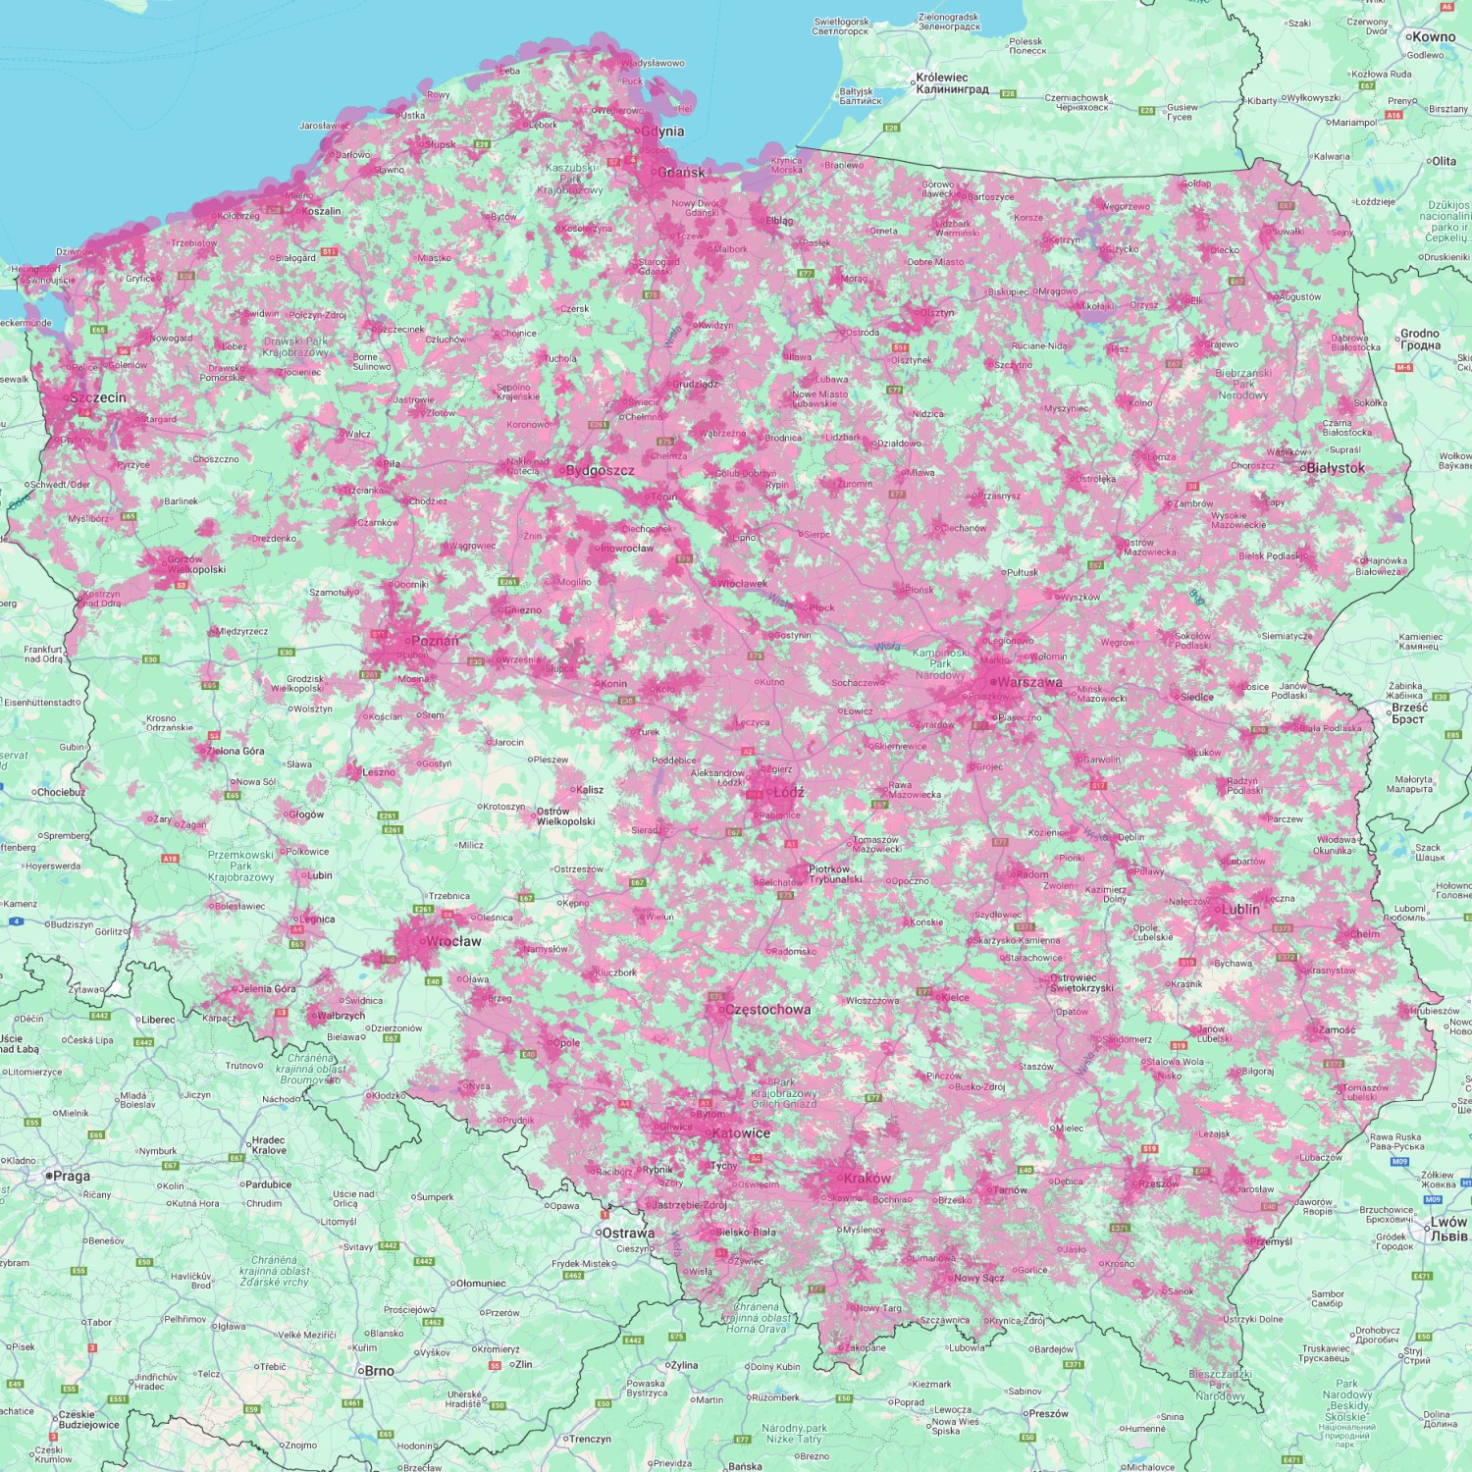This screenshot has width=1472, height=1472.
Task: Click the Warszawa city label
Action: (1029, 682)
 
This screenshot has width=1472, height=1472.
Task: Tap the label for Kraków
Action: (867, 1178)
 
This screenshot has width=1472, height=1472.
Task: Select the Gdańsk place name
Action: (681, 173)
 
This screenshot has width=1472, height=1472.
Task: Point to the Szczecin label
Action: (97, 397)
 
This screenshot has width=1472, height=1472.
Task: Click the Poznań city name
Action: (435, 641)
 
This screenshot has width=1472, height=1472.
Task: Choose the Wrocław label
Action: (453, 941)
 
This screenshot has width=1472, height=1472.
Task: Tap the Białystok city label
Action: (1336, 468)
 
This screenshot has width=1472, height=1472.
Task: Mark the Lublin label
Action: (1240, 909)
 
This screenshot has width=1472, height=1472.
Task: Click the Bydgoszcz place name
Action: (600, 470)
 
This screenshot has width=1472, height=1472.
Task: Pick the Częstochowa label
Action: (767, 1009)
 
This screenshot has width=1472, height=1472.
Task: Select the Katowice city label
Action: (741, 1132)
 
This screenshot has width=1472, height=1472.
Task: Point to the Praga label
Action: (71, 1176)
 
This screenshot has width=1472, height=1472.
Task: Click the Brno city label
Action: (379, 1371)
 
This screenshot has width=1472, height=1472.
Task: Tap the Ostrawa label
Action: (628, 1233)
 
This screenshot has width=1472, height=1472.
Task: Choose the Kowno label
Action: (1434, 37)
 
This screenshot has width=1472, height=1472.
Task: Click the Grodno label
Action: (1420, 339)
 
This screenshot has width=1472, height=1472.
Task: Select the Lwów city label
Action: (1448, 1228)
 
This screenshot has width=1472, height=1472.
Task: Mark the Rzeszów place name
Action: (1159, 1183)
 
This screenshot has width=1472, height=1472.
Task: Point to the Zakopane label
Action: (865, 1347)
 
